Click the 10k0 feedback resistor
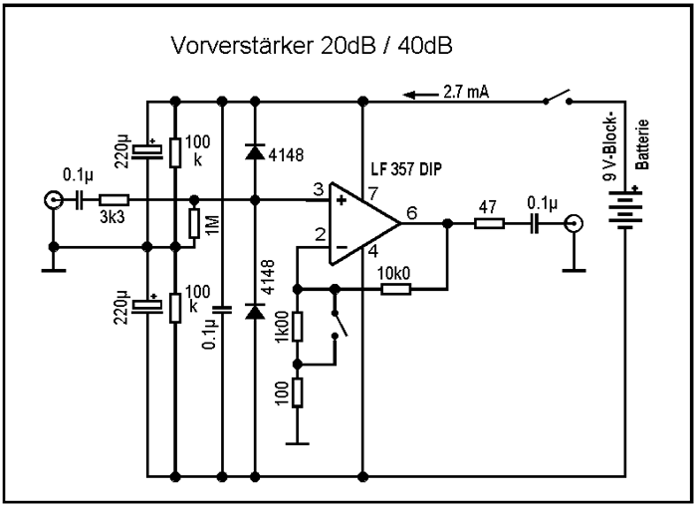pyautogui.click(x=396, y=288)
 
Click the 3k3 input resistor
pyautogui.click(x=114, y=200)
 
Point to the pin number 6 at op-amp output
pyautogui.click(x=412, y=210)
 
